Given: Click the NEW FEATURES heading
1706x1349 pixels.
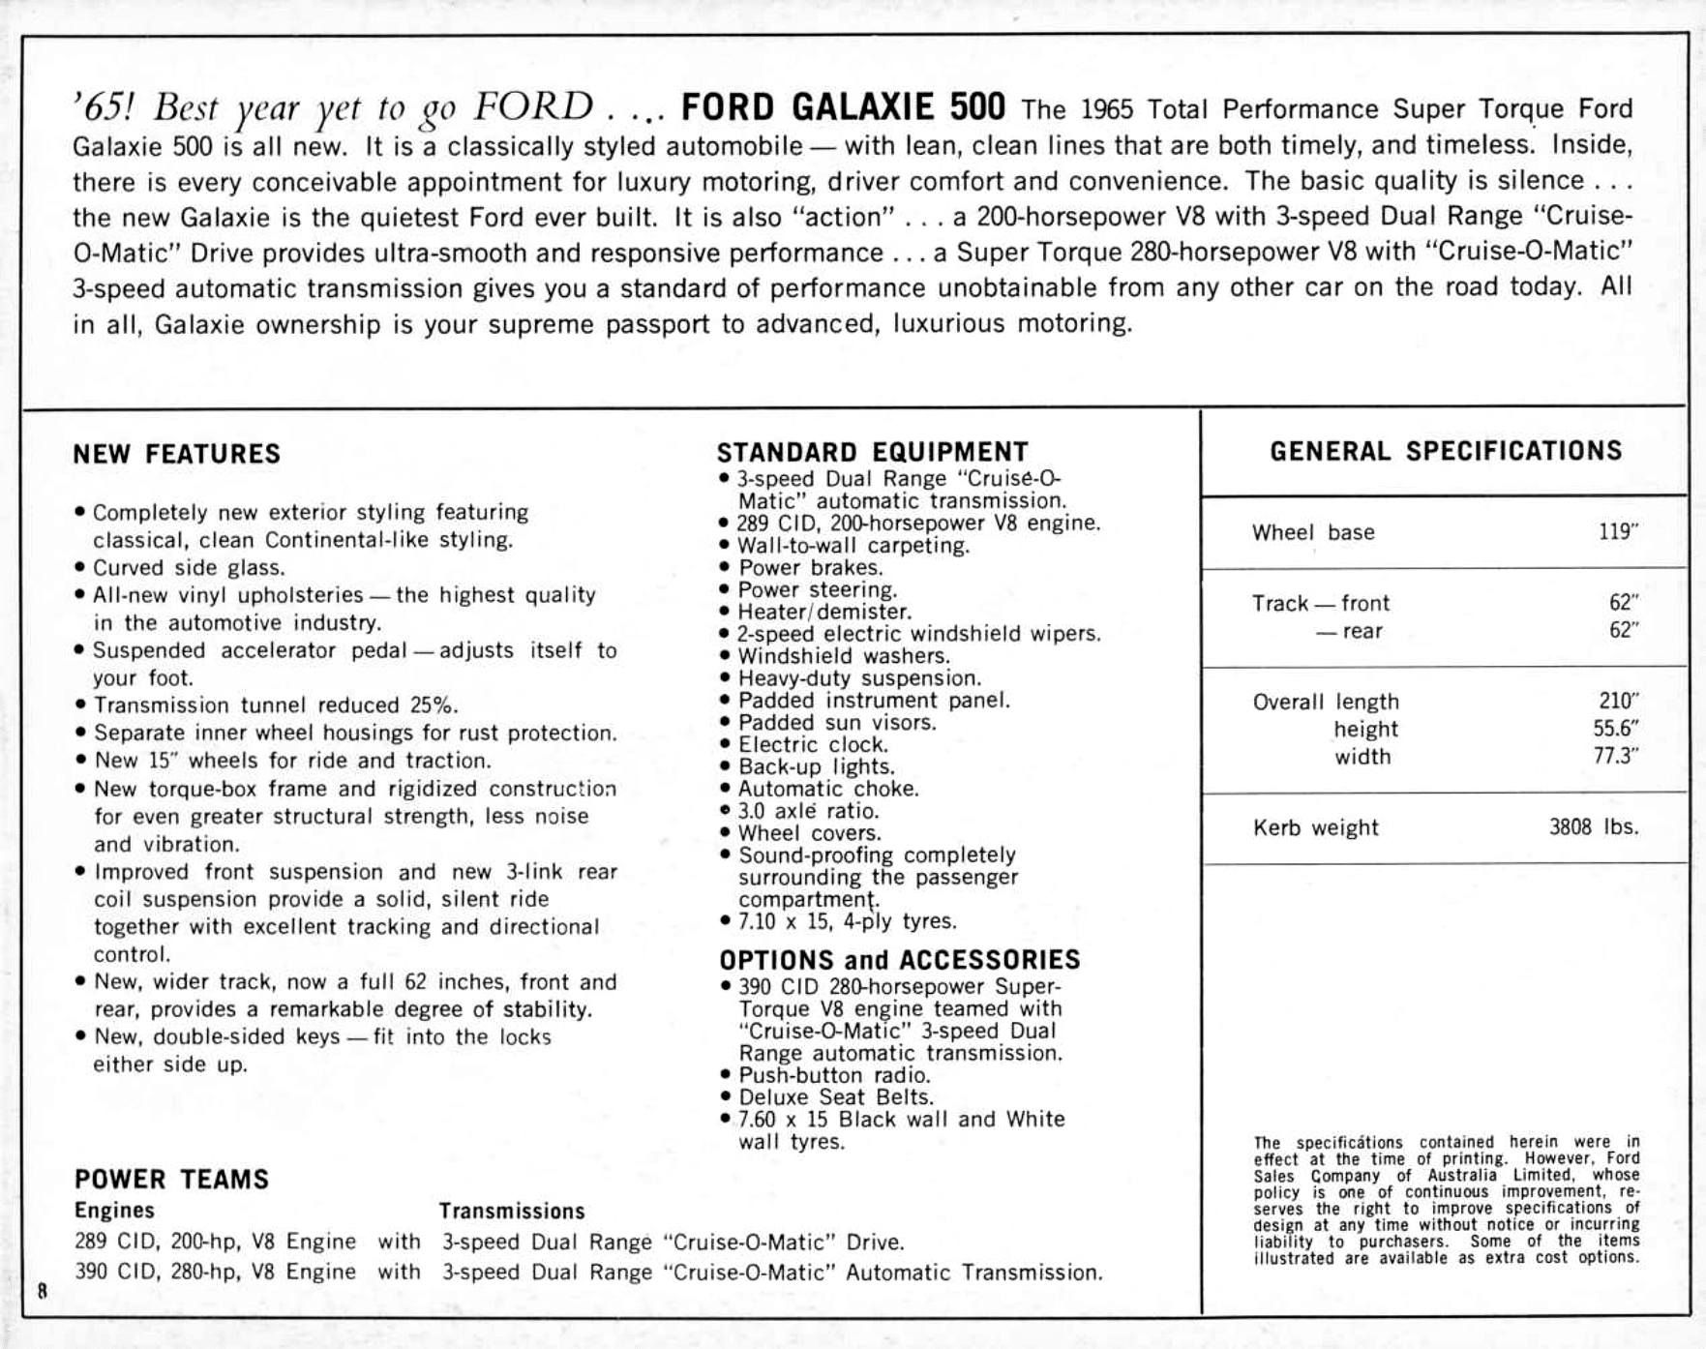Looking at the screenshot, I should point(176,454).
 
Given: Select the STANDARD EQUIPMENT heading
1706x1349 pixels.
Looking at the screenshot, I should point(872,452).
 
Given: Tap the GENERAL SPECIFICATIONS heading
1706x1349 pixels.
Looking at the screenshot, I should point(1446,451).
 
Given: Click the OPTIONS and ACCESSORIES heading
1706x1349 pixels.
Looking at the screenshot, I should point(899,960).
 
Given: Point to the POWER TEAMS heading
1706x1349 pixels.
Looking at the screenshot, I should point(171,1179).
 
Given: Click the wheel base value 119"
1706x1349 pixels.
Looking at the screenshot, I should point(1618,531).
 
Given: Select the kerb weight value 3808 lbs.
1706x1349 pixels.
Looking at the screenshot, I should point(1593,827).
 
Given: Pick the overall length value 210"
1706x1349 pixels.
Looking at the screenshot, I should point(1618,701).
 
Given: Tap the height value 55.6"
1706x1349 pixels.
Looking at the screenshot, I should point(1615,729).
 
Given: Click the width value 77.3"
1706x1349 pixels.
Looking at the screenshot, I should point(1615,756).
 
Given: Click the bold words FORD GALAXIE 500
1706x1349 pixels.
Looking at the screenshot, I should point(843,107).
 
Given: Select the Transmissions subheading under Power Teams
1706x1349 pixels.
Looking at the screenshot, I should point(512,1212).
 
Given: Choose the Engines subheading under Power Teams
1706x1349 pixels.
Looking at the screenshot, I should point(114,1211).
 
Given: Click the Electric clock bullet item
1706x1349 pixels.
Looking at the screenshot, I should point(813,745).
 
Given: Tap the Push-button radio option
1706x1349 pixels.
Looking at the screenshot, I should point(833,1075).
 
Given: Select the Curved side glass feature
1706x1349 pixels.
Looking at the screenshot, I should point(189,567).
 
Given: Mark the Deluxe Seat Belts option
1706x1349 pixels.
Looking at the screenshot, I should point(835,1097).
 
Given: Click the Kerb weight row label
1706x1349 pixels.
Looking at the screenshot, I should point(1315,828).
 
